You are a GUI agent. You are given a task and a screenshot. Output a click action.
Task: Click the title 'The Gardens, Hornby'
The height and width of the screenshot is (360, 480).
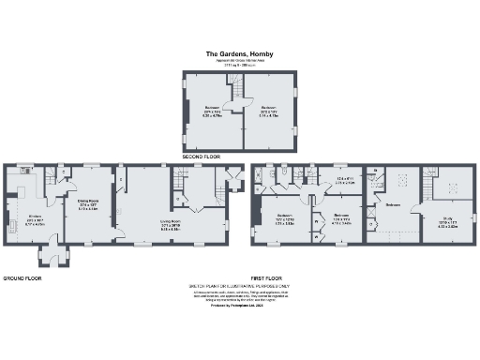(x=239, y=54)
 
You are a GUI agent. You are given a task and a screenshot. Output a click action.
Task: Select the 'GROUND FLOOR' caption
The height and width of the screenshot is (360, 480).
(x=22, y=278)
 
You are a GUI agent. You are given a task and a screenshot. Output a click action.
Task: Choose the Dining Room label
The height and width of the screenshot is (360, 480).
(x=87, y=202)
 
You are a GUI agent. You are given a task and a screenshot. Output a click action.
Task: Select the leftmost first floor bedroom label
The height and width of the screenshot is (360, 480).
(x=285, y=221)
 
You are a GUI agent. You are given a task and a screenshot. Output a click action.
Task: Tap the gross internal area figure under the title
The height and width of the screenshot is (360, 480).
(x=239, y=66)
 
